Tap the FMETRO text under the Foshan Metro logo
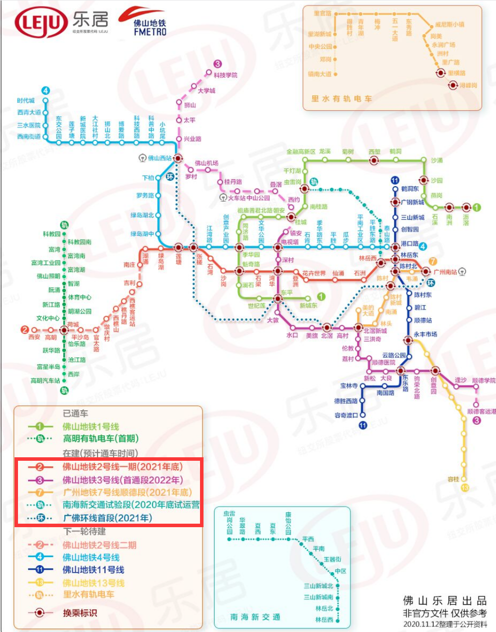(149, 32)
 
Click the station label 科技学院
(225, 75)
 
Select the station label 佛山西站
(159, 158)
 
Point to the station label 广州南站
(445, 272)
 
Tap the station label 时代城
(26, 101)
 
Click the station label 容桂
(453, 479)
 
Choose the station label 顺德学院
(483, 380)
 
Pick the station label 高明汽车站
(45, 381)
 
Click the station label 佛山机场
(206, 163)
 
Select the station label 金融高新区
(300, 152)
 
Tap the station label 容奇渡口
(346, 415)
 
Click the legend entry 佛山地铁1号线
(90, 427)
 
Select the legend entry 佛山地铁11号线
(93, 570)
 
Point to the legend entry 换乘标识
(80, 613)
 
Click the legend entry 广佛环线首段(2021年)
(107, 518)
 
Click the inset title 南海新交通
(255, 617)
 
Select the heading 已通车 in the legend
(75, 413)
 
